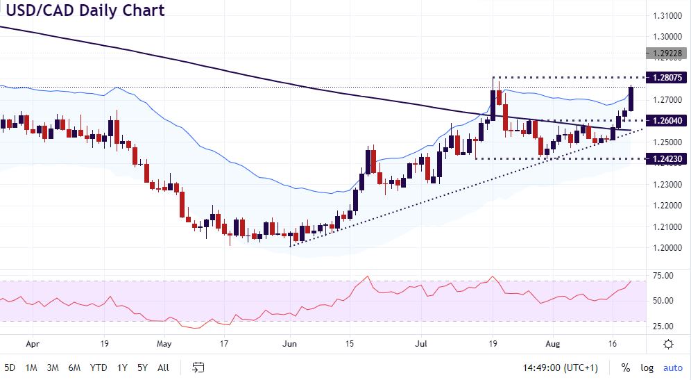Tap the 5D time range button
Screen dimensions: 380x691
click(11, 367)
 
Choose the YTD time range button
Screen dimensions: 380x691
click(99, 367)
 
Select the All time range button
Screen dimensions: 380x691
click(164, 367)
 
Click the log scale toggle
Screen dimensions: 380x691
click(647, 367)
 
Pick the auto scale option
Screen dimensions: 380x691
click(673, 367)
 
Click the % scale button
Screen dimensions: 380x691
click(626, 367)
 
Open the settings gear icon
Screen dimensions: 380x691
click(668, 344)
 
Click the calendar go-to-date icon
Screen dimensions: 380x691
click(198, 367)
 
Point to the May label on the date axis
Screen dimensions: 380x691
click(164, 344)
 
